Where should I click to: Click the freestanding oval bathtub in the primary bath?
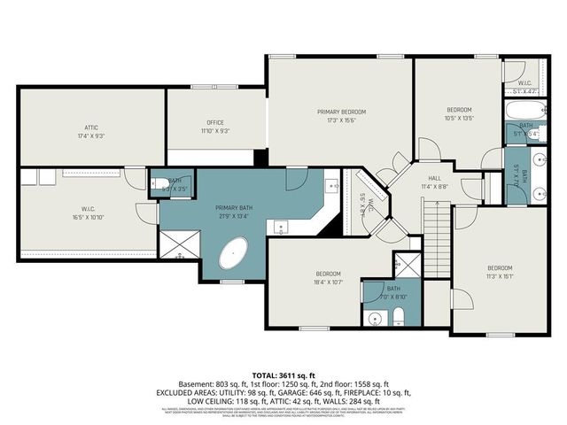coord(235,255)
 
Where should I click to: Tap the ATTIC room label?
coord(91,127)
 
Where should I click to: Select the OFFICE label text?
coord(215,122)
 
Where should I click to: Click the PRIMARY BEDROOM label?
coord(341,112)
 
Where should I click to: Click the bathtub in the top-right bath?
coord(518,112)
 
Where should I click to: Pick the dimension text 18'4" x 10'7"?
coord(327,282)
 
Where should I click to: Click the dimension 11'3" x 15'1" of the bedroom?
coord(499,275)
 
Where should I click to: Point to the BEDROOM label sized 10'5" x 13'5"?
coord(460,108)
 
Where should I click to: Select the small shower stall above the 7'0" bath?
coord(408,265)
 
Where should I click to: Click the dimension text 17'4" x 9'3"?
coord(91,135)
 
